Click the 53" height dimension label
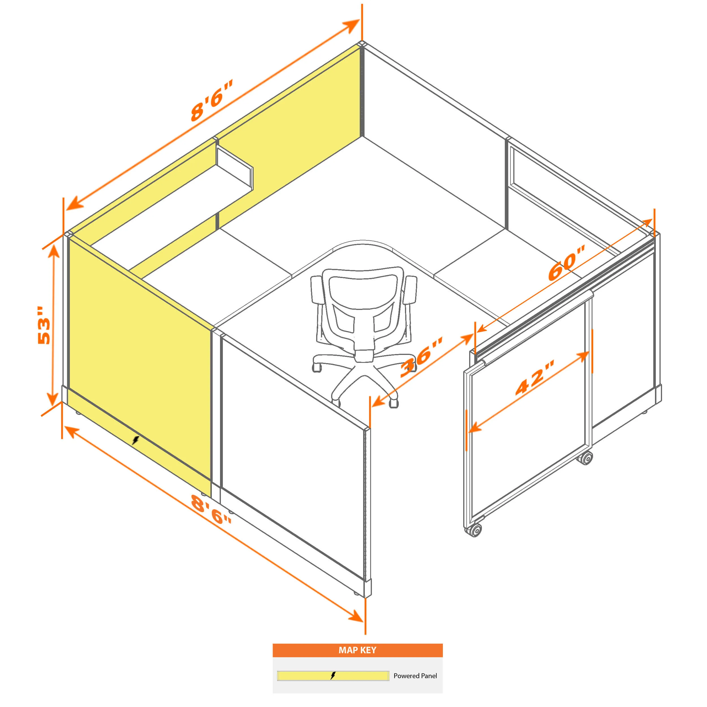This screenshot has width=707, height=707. [x=44, y=325]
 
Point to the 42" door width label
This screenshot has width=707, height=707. [x=535, y=378]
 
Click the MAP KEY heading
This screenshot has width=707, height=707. [x=357, y=650]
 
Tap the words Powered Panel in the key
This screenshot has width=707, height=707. [x=415, y=676]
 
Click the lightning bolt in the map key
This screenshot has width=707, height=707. [x=333, y=676]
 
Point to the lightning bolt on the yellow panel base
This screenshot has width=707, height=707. [x=136, y=440]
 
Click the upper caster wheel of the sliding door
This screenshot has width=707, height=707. [x=585, y=458]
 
